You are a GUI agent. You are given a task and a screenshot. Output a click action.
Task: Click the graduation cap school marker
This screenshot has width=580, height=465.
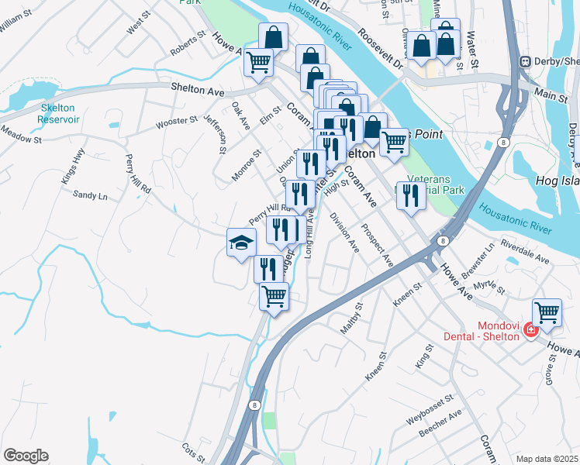pyautogui.click(x=240, y=243)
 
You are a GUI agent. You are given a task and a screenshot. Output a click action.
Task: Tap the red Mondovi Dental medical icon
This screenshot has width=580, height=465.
pyautogui.click(x=530, y=330)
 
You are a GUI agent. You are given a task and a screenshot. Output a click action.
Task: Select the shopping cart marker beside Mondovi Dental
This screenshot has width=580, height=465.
pyautogui.click(x=547, y=313)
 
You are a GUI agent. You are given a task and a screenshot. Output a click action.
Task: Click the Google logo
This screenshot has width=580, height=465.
pyautogui.click(x=26, y=456)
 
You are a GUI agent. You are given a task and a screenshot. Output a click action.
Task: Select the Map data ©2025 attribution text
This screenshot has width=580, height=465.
pyautogui.click(x=547, y=459)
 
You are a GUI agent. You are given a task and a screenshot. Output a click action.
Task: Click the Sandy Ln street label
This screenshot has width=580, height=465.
pyautogui.click(x=90, y=195)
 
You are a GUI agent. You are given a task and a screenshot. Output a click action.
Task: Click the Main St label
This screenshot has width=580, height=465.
pyautogui.click(x=551, y=95)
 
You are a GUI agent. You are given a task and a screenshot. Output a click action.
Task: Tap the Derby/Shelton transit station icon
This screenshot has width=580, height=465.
pyautogui.click(x=525, y=61)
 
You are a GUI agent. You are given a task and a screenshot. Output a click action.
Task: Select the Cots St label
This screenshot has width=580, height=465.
pyautogui.click(x=192, y=451)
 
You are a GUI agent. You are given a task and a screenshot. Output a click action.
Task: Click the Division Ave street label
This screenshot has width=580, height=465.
pyautogui.click(x=344, y=233)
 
